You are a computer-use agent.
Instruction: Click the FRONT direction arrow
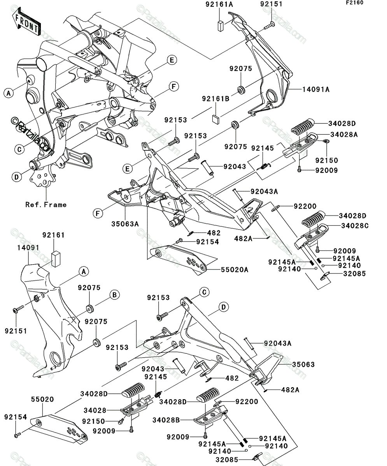(x=26, y=22)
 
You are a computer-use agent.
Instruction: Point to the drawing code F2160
(x=355, y=3)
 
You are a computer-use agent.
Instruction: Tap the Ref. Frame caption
(x=46, y=205)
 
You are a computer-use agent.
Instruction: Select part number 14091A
(x=316, y=89)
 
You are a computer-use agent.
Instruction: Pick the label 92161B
(x=216, y=98)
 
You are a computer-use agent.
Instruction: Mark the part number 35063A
(x=125, y=224)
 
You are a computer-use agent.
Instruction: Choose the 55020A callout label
(x=235, y=270)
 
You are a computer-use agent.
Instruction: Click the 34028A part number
(x=344, y=134)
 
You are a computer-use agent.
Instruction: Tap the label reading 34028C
(x=355, y=226)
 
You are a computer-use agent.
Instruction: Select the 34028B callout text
(x=166, y=420)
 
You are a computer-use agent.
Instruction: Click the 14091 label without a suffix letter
(x=28, y=247)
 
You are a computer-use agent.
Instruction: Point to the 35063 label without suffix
(x=303, y=365)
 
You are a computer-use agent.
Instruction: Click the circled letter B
(x=114, y=295)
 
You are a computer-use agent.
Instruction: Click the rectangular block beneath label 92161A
(x=221, y=26)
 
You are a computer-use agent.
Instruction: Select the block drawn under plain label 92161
(x=56, y=259)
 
